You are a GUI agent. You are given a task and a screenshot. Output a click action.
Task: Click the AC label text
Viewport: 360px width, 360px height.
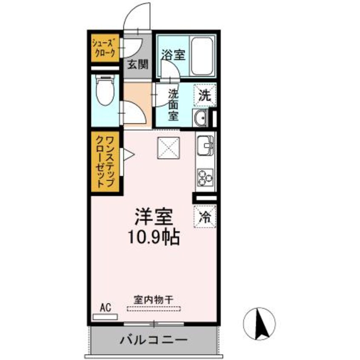click(106, 307)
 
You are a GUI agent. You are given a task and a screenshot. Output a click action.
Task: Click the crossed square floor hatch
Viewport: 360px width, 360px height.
click(169, 148)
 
